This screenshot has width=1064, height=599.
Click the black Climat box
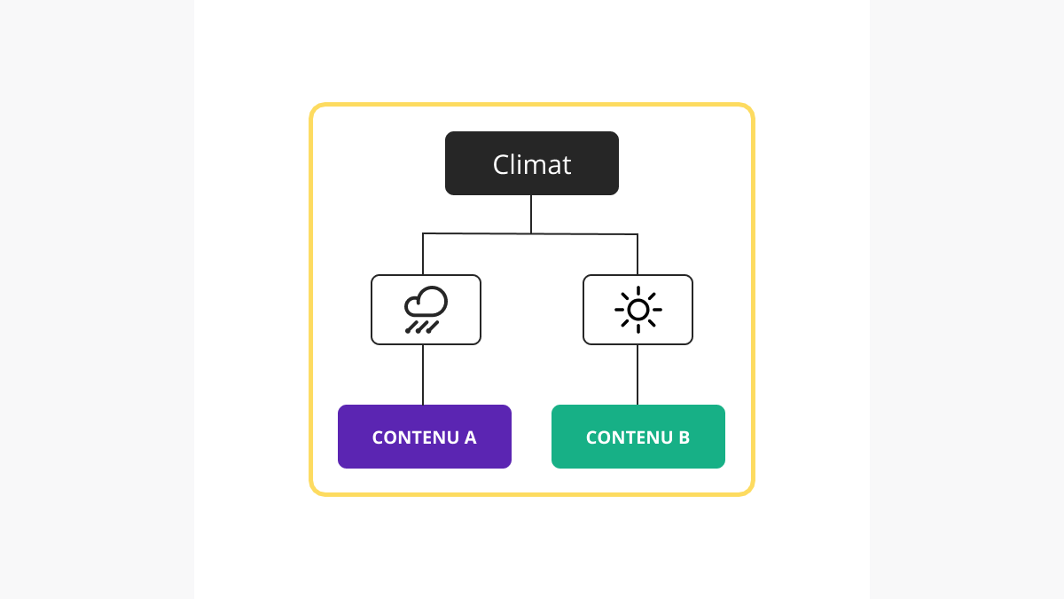coord(531,163)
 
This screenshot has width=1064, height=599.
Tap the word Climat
coord(531,164)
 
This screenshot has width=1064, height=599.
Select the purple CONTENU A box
coord(424,437)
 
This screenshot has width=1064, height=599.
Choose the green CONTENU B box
coord(638,437)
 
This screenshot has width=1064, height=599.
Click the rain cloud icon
coord(426,310)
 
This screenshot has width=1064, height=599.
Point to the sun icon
coord(638,310)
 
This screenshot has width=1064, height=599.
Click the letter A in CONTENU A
coord(470,437)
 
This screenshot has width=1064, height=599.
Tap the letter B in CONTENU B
coord(684,437)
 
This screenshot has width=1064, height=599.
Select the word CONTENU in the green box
coord(629,437)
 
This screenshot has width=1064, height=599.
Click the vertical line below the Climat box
coord(531,214)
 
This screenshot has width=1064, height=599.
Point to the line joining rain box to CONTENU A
coord(423,374)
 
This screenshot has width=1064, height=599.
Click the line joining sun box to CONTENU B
coord(638,374)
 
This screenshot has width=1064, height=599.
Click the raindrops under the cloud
coord(422,327)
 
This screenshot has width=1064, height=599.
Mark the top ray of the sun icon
coord(638,291)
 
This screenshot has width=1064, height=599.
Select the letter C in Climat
coord(501,164)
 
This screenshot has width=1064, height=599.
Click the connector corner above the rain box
coord(423,233)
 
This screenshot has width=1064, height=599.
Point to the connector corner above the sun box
coord(638,234)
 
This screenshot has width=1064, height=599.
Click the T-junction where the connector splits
coord(531,233)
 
